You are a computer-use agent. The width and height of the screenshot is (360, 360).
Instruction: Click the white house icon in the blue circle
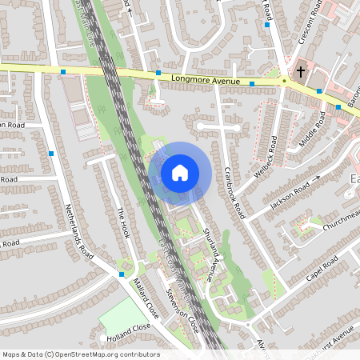tap(179, 173)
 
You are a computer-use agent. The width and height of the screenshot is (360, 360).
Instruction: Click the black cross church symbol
tap(301, 72)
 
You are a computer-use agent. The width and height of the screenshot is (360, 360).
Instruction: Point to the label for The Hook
tap(122, 225)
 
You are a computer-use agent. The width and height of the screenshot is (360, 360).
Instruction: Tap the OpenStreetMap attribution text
tap(80, 354)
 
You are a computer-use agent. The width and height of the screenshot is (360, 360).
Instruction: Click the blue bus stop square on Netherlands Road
tap(52, 153)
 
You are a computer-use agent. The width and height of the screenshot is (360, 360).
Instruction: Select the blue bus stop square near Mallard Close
tap(121, 274)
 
